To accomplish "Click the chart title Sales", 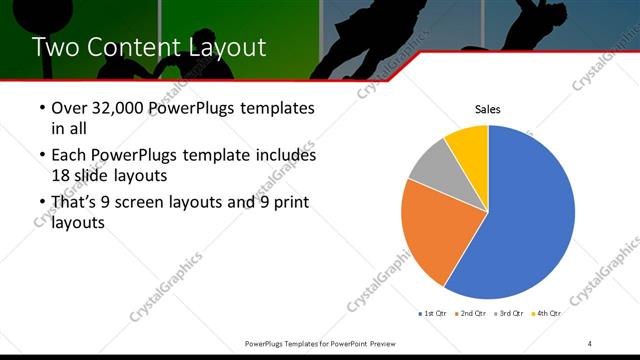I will (x=487, y=110).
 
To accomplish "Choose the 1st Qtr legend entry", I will (x=432, y=313).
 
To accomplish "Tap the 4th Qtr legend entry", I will (x=546, y=313).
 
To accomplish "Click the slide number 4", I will (x=590, y=343).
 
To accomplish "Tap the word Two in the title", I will (x=55, y=47).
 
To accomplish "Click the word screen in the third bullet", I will (x=160, y=203).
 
